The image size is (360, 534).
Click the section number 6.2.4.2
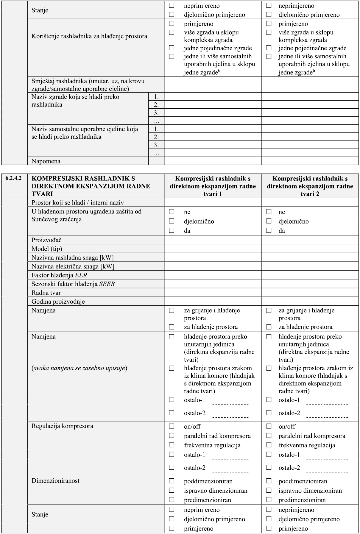tap(14, 178)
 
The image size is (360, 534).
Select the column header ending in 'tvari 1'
tap(213, 186)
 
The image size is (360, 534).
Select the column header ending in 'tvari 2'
tap(310, 186)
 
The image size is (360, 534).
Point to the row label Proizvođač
tap(46, 240)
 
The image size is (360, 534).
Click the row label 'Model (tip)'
tap(47, 249)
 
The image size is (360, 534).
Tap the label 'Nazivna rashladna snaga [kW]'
tap(72, 257)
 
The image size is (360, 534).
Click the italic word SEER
tap(107, 284)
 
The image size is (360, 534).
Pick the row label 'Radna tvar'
tap(46, 293)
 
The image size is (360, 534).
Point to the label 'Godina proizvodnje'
tap(58, 302)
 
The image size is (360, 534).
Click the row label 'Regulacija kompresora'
tap(62, 426)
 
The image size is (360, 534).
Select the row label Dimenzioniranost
tap(55, 481)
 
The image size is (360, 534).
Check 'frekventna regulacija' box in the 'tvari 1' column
tap(172, 445)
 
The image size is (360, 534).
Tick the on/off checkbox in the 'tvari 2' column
tap(269, 426)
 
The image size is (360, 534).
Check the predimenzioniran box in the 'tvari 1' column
tap(172, 499)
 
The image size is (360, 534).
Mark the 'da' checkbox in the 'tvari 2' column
tap(269, 230)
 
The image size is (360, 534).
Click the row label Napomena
tap(46, 161)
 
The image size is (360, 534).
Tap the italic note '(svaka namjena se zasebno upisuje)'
tap(80, 368)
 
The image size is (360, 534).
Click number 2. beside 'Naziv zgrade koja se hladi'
tap(156, 105)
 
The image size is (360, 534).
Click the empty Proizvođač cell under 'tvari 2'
tap(310, 240)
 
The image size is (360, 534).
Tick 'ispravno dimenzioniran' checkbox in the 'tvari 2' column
tap(269, 490)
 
